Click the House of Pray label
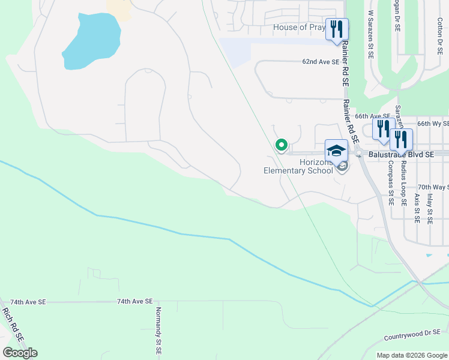coord(299,27)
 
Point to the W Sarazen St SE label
coord(370,34)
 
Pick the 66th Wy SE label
coord(433,123)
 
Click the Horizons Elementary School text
coord(298,166)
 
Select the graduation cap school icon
coord(336,150)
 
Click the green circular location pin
coord(281,145)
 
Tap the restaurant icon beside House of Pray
coord(336,28)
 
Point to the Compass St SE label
coord(390,182)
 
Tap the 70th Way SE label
coord(433,187)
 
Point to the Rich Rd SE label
coord(12,325)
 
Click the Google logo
coord(20,353)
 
